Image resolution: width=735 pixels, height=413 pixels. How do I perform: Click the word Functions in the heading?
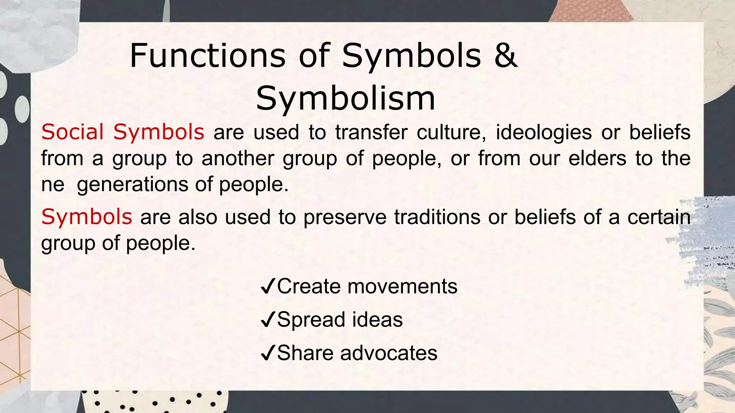[207, 56]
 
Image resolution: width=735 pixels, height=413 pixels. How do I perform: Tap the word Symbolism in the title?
[345, 99]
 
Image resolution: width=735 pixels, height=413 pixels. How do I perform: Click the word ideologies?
[544, 132]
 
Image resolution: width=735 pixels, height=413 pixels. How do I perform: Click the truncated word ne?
[52, 185]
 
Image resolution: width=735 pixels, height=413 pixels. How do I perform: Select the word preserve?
[345, 217]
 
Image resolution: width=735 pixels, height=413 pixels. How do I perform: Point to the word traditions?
[437, 217]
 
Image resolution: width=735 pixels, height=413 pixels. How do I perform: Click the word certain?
[659, 217]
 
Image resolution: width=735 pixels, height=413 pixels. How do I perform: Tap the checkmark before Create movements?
[268, 287]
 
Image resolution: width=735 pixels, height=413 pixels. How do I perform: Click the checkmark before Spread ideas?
[268, 320]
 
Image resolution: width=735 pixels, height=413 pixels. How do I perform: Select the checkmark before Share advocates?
[268, 353]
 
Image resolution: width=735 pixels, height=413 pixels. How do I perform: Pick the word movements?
[402, 286]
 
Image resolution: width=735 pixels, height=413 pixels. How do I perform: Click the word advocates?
[389, 353]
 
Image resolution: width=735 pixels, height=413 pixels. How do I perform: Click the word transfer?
[371, 132]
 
